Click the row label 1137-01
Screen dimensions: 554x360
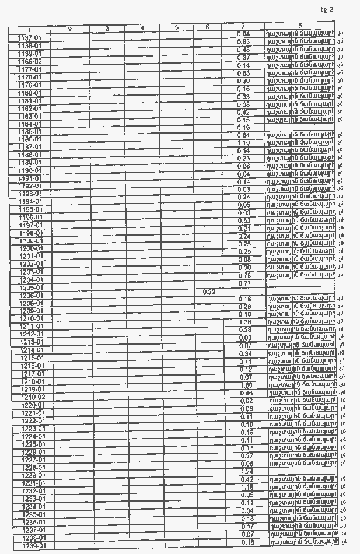[x=29, y=38]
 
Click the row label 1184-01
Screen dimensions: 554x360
[x=30, y=124]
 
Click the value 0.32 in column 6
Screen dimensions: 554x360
[x=209, y=292]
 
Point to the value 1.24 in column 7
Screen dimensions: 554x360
[x=246, y=472]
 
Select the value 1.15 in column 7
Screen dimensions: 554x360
[x=246, y=488]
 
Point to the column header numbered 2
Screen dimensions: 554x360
[x=69, y=29]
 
